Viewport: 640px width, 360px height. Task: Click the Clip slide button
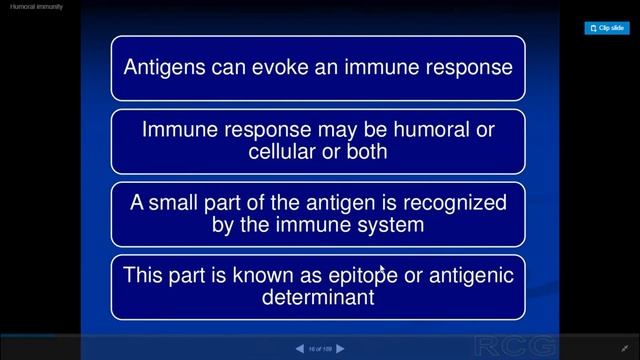pos(606,28)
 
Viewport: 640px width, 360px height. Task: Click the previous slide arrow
pos(299,349)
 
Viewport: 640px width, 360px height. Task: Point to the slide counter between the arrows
pos(319,349)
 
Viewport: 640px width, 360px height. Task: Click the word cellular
pos(283,152)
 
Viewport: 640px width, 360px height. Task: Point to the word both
pos(367,152)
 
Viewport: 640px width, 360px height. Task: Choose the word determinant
pos(319,298)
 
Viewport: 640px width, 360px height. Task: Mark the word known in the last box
pos(254,275)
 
